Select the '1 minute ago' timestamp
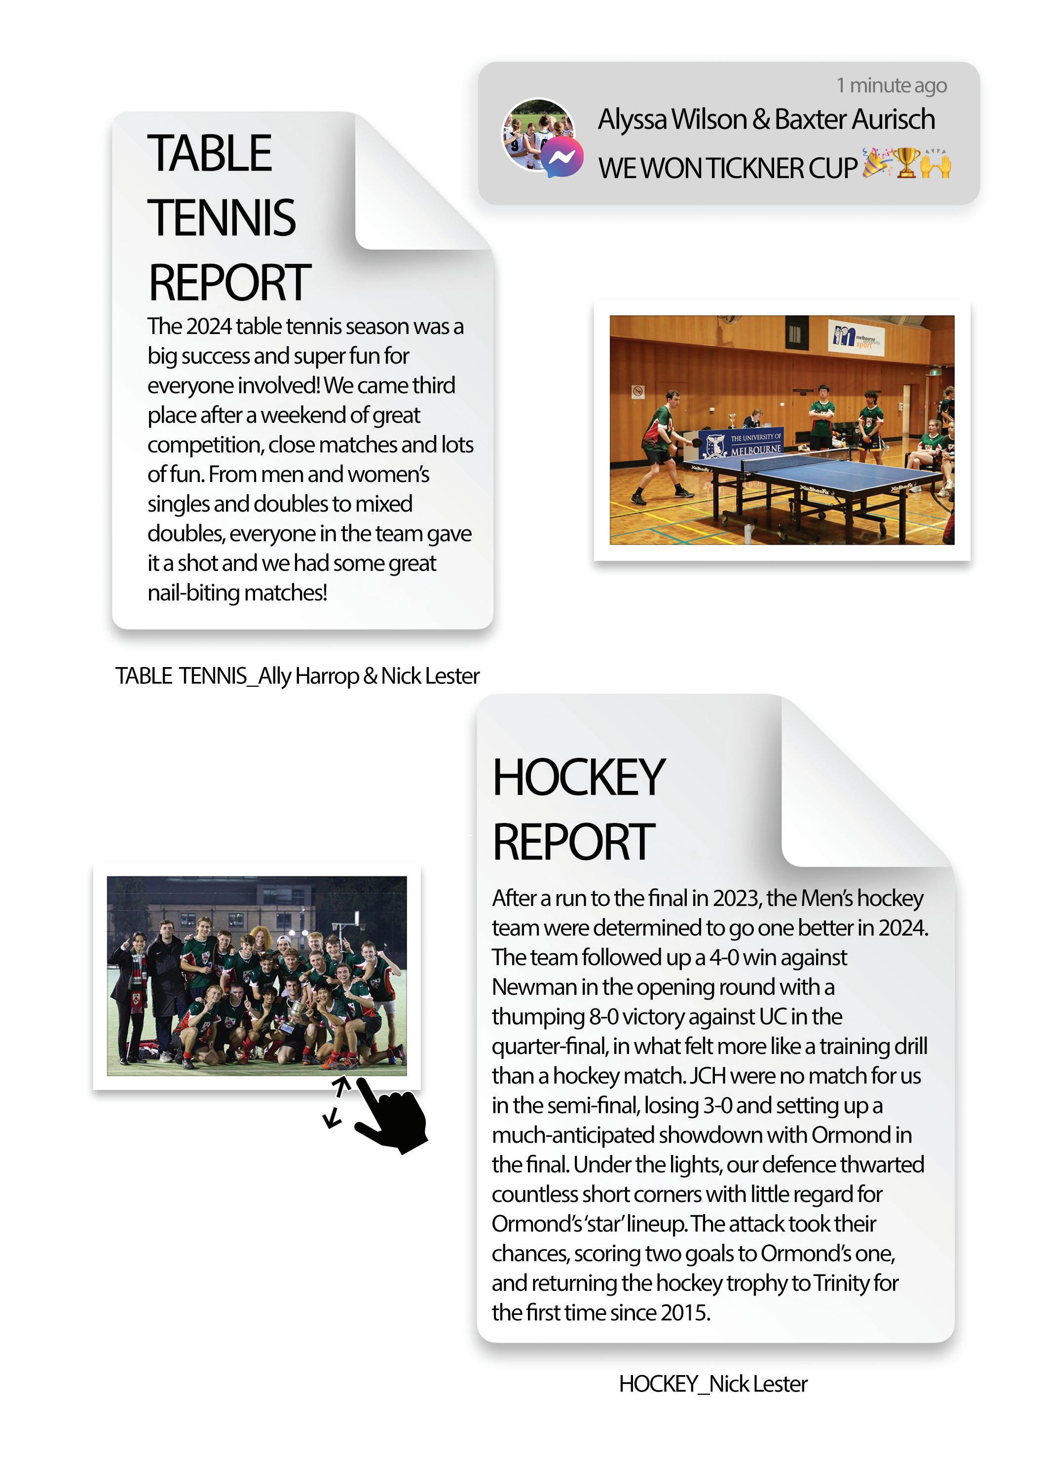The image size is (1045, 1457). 891,85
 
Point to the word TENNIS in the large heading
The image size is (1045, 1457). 222,218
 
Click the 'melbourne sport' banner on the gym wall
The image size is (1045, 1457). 856,336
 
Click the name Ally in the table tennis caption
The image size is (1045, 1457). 275,676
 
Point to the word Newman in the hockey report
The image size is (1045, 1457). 534,987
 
